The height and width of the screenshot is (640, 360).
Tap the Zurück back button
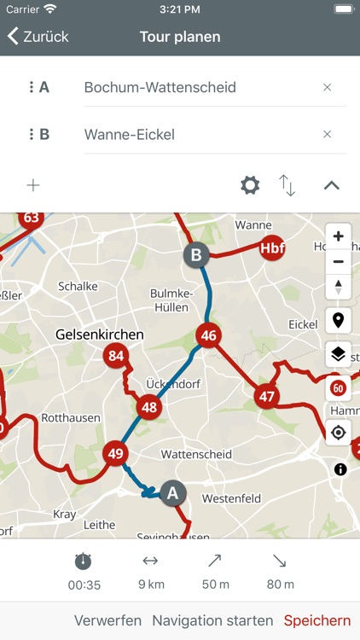click(38, 37)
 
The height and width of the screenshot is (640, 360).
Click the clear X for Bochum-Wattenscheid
click(327, 87)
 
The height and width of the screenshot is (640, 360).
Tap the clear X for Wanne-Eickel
click(327, 134)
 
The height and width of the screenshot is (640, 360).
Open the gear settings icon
click(250, 185)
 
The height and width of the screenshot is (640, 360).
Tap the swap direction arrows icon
click(287, 185)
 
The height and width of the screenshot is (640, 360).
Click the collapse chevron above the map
click(331, 185)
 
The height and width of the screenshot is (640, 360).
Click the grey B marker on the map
click(196, 254)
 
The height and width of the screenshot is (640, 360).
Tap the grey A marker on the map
click(173, 492)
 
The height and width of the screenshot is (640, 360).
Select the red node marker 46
click(208, 335)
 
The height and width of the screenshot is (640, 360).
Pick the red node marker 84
click(116, 355)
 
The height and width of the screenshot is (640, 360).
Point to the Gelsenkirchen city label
click(99, 335)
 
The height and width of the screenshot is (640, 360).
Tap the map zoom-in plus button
click(339, 236)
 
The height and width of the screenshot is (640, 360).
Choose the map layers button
click(339, 354)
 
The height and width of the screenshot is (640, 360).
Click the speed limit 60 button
click(339, 388)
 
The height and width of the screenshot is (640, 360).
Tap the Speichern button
click(317, 620)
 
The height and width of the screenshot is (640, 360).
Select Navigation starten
click(212, 620)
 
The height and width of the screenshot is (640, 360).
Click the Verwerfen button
click(107, 620)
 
